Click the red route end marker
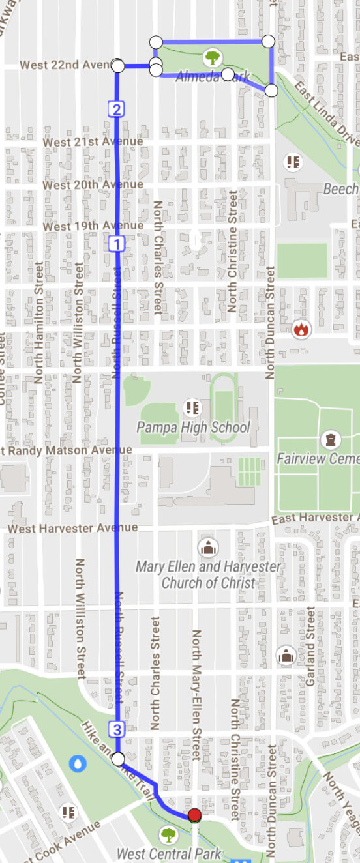point(194,815)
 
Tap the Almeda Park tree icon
point(212,58)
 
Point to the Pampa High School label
point(193,428)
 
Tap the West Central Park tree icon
point(168,834)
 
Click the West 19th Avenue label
point(93,226)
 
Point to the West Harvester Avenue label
point(73,528)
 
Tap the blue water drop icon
point(78,762)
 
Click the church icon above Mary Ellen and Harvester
point(207,546)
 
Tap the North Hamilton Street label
point(39,322)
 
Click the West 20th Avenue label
point(93,184)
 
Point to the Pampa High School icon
point(192,408)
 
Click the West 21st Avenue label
point(93,142)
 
